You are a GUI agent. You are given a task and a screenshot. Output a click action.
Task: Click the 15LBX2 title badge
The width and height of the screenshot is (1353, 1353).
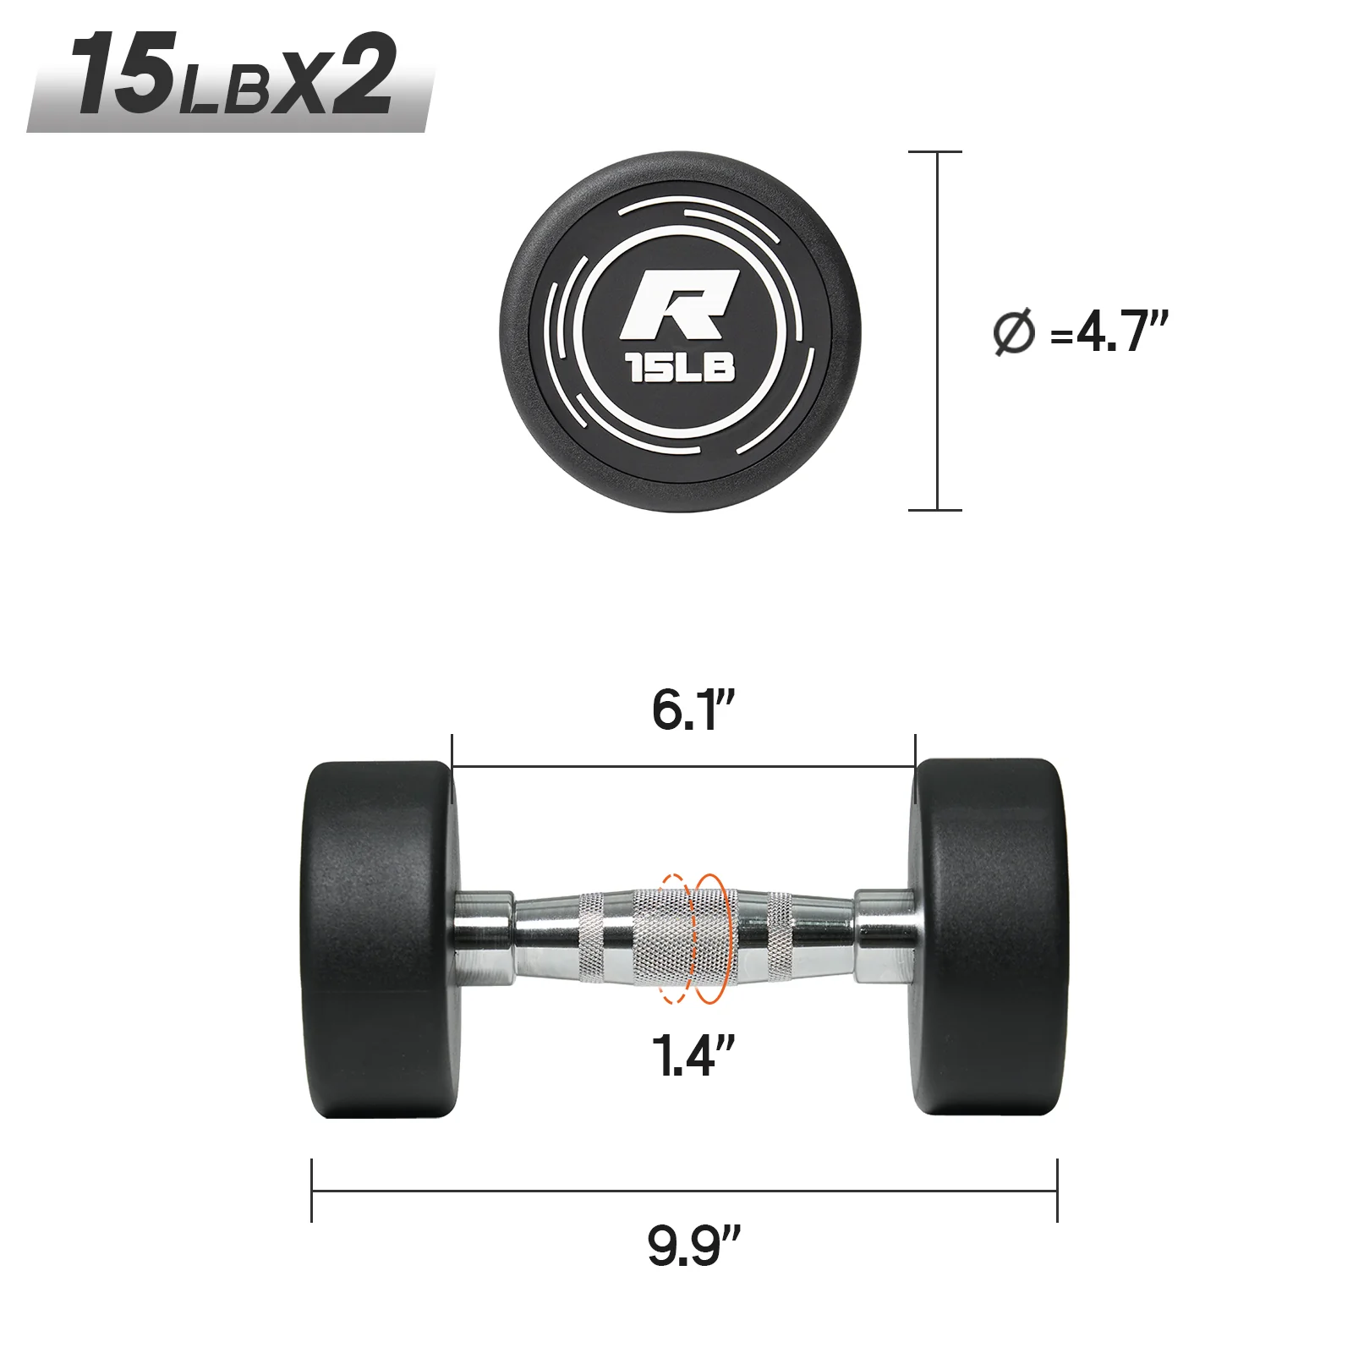point(231,78)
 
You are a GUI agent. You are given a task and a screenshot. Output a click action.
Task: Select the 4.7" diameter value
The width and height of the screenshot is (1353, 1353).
point(1121,331)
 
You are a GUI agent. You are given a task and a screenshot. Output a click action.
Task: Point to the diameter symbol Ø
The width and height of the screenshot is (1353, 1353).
point(1013,332)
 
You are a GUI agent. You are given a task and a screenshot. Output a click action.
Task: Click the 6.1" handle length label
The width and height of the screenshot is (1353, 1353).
point(693,709)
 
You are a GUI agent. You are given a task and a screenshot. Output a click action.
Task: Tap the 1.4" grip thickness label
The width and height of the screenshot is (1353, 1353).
point(693,1054)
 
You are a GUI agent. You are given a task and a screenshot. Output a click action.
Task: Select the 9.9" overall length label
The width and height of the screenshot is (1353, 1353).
point(693,1244)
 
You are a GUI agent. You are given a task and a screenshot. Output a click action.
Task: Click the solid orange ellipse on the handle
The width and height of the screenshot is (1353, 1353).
point(709,939)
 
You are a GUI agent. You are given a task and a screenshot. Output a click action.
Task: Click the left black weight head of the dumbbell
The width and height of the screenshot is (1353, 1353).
point(379,939)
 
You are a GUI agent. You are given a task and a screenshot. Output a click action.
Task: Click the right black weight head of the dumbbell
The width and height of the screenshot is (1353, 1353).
point(989,937)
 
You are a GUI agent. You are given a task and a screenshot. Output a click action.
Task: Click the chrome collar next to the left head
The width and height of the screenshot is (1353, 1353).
point(484,936)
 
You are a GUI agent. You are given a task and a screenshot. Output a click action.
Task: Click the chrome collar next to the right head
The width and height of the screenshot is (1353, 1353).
point(884,936)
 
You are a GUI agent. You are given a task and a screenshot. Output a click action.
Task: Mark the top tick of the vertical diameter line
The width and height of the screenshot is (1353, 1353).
point(935,152)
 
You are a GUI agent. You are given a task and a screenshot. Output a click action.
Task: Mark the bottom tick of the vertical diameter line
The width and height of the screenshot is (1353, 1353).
point(935,510)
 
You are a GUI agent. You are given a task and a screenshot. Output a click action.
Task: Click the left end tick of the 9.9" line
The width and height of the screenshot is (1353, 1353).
point(312,1190)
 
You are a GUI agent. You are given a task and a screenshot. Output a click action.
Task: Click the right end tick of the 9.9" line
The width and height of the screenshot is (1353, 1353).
point(1057,1190)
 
